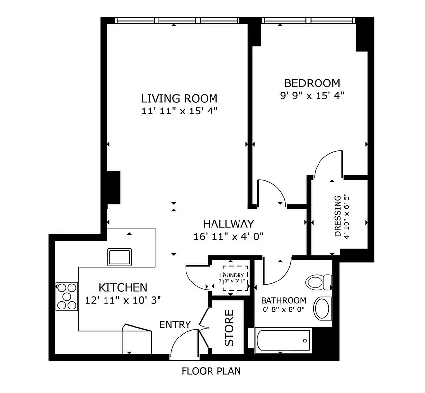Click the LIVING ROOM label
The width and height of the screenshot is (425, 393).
pyautogui.click(x=179, y=98)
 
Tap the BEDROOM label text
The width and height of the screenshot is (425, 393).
pyautogui.click(x=312, y=83)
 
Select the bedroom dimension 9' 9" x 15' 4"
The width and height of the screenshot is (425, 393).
pyautogui.click(x=312, y=96)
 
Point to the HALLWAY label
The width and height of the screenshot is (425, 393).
pyautogui.click(x=229, y=224)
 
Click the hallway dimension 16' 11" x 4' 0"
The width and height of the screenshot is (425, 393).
pyautogui.click(x=229, y=236)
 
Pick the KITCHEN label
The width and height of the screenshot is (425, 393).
pyautogui.click(x=123, y=287)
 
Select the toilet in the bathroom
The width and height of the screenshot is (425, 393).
pyautogui.click(x=319, y=282)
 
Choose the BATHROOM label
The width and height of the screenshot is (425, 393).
pyautogui.click(x=283, y=300)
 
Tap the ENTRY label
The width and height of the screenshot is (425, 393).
pyautogui.click(x=175, y=324)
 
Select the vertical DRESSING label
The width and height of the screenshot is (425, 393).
pyautogui.click(x=338, y=216)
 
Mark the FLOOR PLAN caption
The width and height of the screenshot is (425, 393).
pyautogui.click(x=211, y=371)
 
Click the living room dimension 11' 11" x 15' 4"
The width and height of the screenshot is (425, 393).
pyautogui.click(x=179, y=111)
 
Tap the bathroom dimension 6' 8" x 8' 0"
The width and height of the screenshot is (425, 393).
pyautogui.click(x=283, y=310)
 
